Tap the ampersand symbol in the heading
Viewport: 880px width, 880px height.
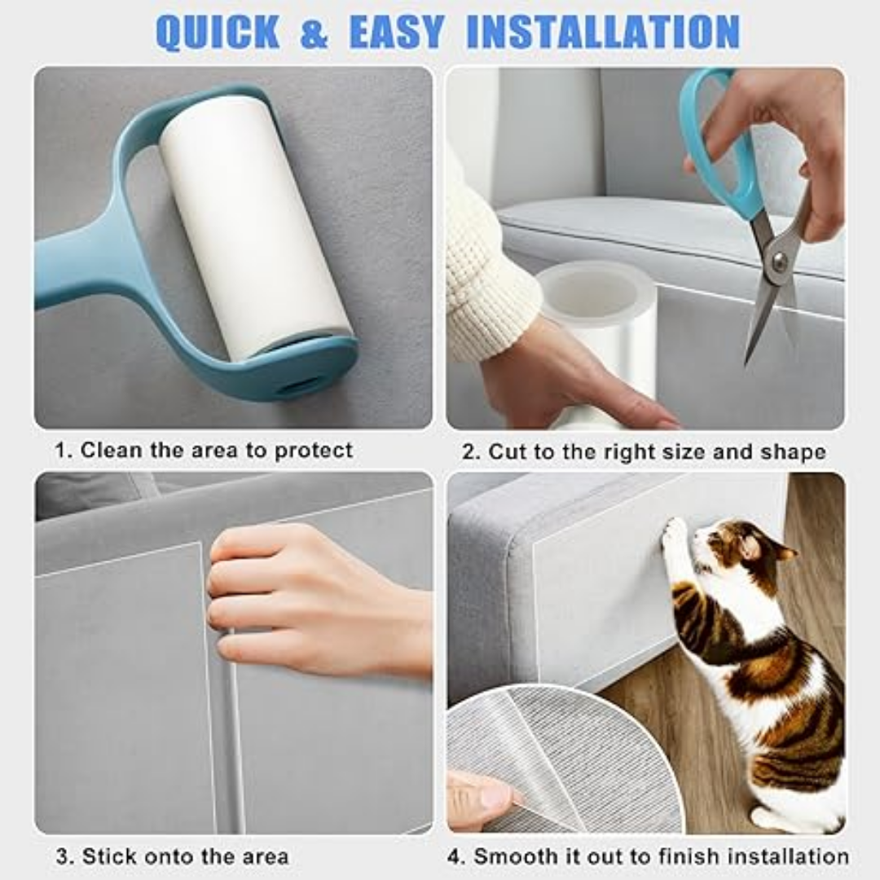pos(315,33)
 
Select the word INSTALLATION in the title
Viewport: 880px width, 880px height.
pos(603,32)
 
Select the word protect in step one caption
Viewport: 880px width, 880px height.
pos(313,451)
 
